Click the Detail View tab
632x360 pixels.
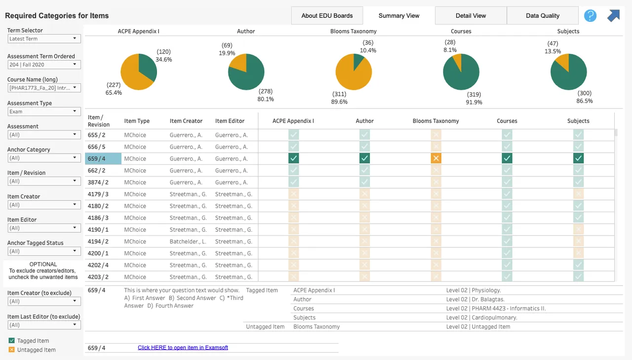pos(471,15)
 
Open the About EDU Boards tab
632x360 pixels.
pos(327,15)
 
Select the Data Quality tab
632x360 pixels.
pos(543,15)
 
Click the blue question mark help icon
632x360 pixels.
pos(590,15)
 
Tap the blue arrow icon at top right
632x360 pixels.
pos(613,15)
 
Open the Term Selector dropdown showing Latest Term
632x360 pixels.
pos(44,39)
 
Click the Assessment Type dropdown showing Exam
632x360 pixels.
pos(44,112)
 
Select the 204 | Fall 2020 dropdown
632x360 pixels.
pos(44,65)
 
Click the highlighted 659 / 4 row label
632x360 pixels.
pos(103,159)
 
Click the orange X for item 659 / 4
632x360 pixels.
pos(436,159)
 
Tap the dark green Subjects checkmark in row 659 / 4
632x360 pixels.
pos(578,159)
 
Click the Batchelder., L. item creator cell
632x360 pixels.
pos(188,241)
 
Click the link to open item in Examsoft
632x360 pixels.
pos(183,348)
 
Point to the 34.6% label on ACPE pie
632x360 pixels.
pos(163,60)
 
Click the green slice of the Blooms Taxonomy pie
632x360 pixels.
pos(358,60)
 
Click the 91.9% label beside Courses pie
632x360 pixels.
pos(474,102)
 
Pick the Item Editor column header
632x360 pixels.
pos(230,121)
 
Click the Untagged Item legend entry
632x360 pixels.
pos(32,350)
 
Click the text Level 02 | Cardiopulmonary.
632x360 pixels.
pos(481,318)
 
